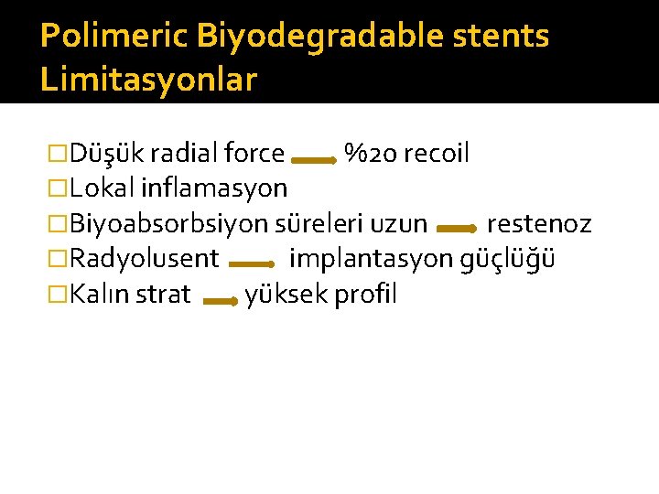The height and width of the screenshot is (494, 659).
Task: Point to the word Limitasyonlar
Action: tap(148, 80)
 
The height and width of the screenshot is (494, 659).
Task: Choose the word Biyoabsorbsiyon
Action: tap(169, 224)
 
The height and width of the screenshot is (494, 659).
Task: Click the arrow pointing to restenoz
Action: tap(456, 230)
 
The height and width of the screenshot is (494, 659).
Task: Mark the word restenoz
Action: tap(539, 224)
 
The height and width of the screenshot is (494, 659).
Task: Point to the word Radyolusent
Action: tap(145, 259)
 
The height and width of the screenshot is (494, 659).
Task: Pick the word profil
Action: tap(366, 295)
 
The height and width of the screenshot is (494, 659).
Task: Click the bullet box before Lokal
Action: tap(59, 189)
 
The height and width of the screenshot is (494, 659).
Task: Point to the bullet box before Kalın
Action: tap(59, 295)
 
